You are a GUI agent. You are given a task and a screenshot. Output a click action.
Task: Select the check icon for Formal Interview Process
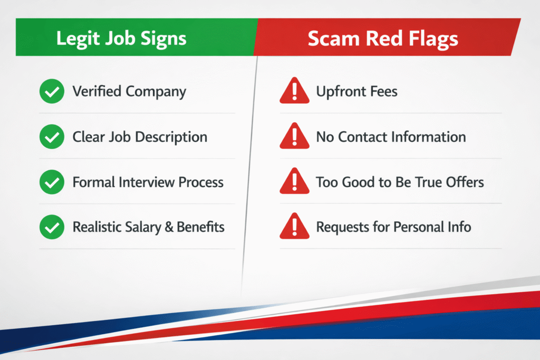click(x=52, y=183)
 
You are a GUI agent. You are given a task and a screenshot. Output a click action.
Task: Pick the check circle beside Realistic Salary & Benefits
click(x=52, y=228)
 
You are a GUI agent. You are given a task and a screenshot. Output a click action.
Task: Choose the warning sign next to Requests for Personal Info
click(x=294, y=228)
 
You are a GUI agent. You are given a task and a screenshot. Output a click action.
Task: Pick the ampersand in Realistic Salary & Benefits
click(x=162, y=227)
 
